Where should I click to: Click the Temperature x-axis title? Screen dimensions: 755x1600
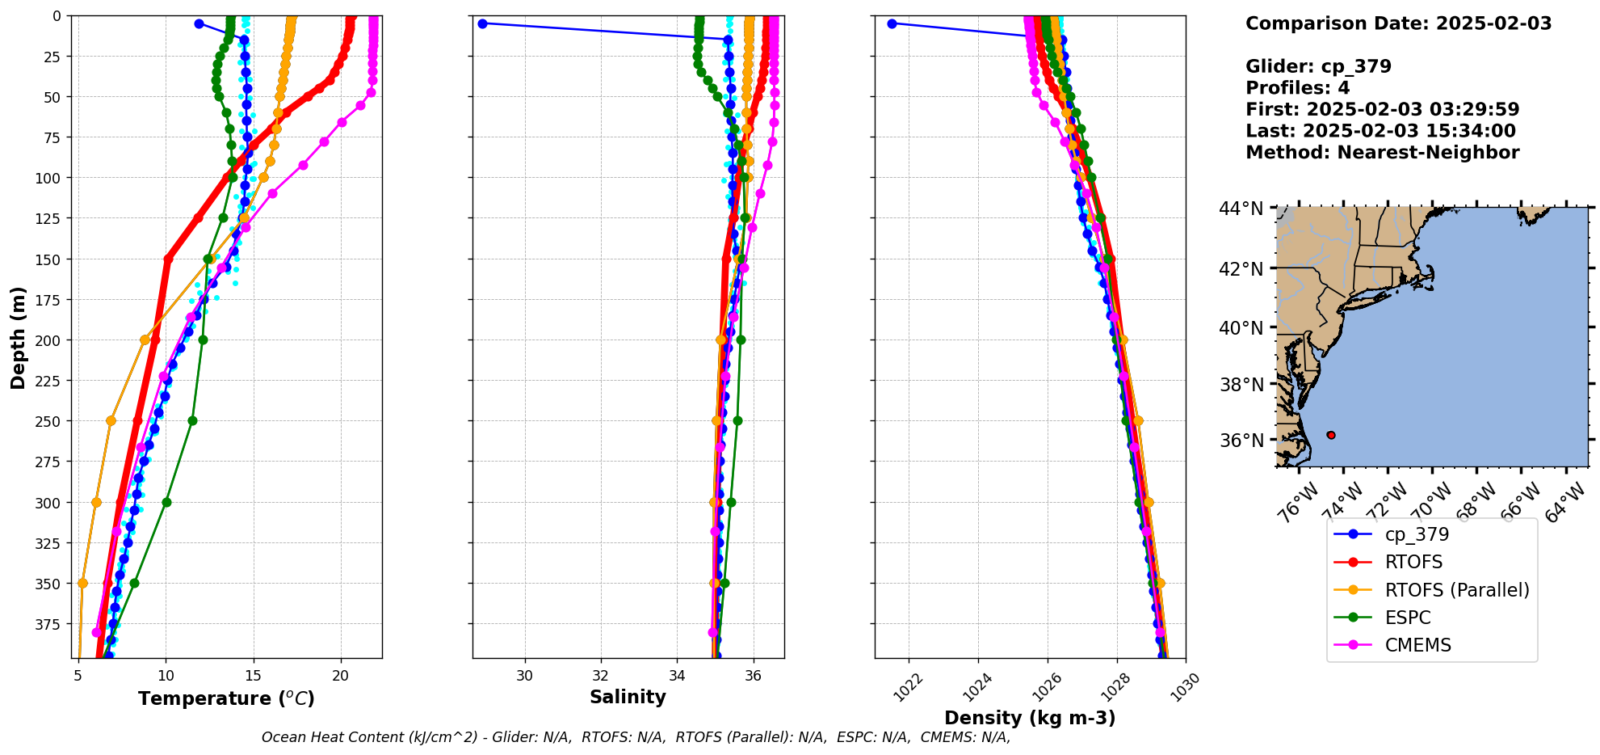226,698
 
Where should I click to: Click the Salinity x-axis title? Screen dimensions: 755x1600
628,697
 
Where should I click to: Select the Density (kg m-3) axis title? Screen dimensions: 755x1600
1030,718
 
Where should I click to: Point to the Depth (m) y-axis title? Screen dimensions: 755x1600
19,337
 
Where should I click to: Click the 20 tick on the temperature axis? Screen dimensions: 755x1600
341,676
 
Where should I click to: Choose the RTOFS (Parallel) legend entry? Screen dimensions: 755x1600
1456,590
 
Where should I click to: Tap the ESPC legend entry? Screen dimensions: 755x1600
1407,618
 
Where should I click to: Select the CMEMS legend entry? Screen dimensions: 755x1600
1417,645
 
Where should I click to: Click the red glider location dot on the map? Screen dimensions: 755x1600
1330,435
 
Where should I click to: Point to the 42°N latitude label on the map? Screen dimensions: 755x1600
1241,268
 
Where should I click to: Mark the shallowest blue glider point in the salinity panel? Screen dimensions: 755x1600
482,23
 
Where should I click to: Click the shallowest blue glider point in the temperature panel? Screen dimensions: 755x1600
199,23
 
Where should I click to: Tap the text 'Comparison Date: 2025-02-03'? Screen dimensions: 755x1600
1398,23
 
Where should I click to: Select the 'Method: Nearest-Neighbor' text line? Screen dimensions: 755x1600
1382,152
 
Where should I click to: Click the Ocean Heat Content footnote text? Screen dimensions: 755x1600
636,737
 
